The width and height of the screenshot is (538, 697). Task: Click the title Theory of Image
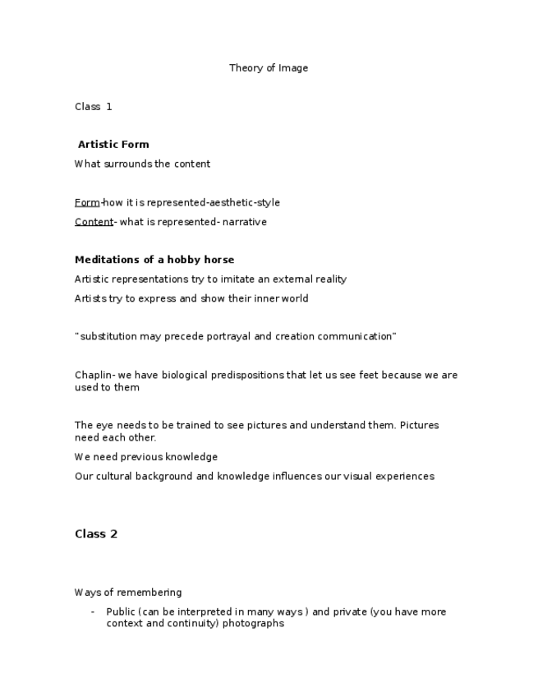(x=269, y=68)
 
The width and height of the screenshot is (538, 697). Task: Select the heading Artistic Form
(x=113, y=145)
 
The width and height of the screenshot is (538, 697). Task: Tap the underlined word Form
(x=87, y=203)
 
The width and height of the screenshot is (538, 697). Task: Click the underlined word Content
(x=94, y=222)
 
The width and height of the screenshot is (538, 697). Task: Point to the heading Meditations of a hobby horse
(x=154, y=260)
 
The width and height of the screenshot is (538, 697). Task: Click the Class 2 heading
(x=96, y=534)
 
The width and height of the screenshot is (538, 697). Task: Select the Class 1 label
(x=93, y=107)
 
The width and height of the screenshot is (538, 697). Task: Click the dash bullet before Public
(x=93, y=612)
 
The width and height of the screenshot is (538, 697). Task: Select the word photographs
(x=253, y=624)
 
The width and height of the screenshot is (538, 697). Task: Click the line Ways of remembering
(x=128, y=593)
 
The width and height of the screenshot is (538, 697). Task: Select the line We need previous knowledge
(x=146, y=457)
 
